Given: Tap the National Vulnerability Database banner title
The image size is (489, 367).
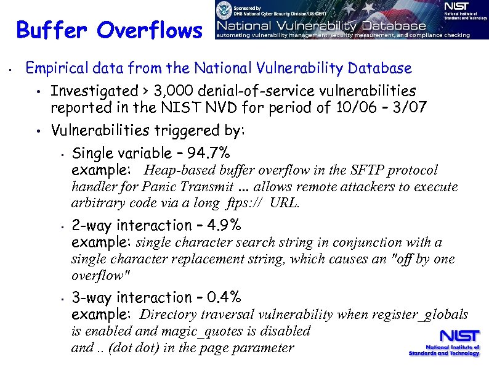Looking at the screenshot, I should [320, 26].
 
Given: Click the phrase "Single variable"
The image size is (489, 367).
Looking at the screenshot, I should [118, 153].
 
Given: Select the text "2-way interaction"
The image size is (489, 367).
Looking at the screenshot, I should [132, 225].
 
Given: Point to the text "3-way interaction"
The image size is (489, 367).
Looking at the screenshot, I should [132, 298].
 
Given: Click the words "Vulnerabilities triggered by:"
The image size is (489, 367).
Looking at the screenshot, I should [148, 131].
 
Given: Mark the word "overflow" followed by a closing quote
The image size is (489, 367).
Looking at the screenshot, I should [99, 275].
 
